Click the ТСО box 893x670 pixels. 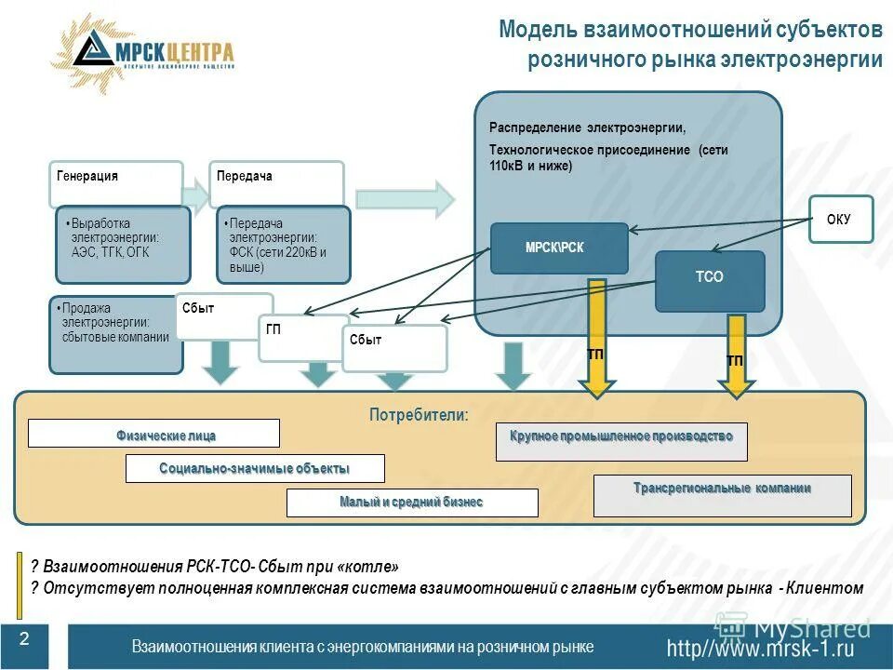pos(709,277)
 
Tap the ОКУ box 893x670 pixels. pos(839,220)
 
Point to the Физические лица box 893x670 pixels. pos(153,434)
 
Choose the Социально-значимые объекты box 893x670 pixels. pos(255,468)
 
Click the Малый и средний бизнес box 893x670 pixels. pos(411,502)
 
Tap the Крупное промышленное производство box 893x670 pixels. pos(620,441)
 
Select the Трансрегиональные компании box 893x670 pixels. pos(722,495)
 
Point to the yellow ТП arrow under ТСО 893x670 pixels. pos(735,354)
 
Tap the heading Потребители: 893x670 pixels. pos(419,415)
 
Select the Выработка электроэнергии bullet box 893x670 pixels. pos(123,244)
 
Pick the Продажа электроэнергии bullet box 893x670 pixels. pos(112,333)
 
